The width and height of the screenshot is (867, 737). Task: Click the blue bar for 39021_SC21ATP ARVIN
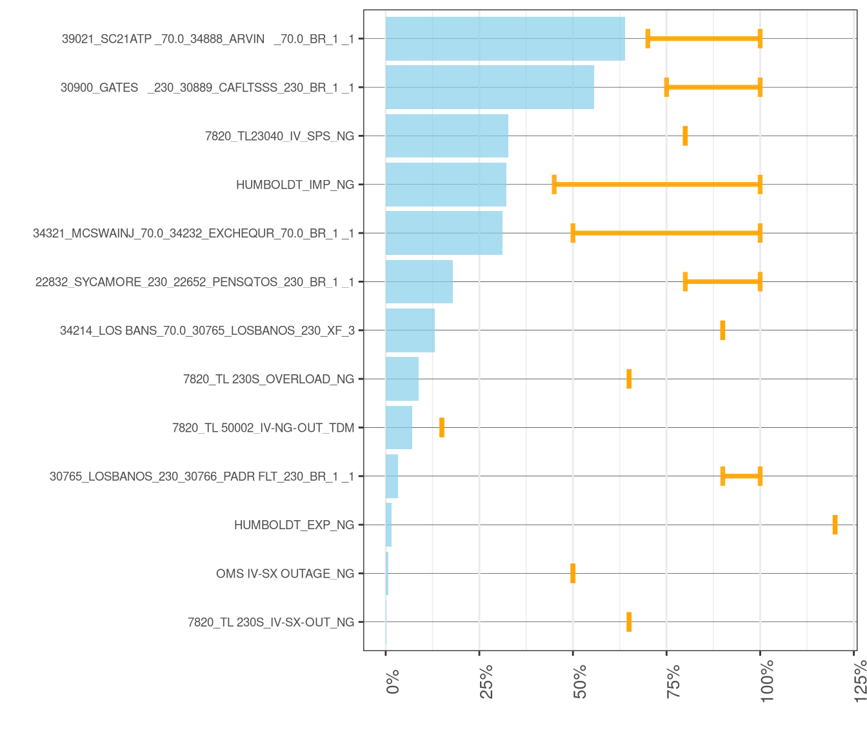pyautogui.click(x=505, y=39)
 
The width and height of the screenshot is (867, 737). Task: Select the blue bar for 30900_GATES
pyautogui.click(x=490, y=87)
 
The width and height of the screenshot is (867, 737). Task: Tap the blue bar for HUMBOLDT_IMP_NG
pyautogui.click(x=446, y=185)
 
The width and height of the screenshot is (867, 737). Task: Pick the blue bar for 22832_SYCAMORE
pyautogui.click(x=419, y=281)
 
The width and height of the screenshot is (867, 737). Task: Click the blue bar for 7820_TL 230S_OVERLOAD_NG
pyautogui.click(x=402, y=379)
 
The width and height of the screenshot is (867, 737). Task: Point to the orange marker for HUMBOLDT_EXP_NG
pyautogui.click(x=835, y=525)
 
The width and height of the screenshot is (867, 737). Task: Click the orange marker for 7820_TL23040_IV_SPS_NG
pyautogui.click(x=685, y=136)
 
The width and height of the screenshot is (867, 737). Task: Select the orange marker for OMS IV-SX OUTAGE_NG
pyautogui.click(x=573, y=573)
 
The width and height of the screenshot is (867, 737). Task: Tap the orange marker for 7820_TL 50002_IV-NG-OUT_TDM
pyautogui.click(x=442, y=427)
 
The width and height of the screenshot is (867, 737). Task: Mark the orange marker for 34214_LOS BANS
pyautogui.click(x=722, y=330)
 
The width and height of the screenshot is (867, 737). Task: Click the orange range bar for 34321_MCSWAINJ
pyautogui.click(x=666, y=233)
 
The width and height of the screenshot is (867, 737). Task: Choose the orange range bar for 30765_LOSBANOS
pyautogui.click(x=741, y=476)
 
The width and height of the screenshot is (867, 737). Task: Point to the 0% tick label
pyautogui.click(x=393, y=681)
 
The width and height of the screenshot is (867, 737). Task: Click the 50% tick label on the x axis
pyautogui.click(x=580, y=680)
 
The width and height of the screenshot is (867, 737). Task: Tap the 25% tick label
pyautogui.click(x=486, y=680)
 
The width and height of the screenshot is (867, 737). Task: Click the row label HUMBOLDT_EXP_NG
pyautogui.click(x=294, y=525)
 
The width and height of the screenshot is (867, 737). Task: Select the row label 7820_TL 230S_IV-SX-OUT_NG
pyautogui.click(x=271, y=622)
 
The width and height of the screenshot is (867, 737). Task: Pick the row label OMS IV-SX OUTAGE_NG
pyautogui.click(x=285, y=574)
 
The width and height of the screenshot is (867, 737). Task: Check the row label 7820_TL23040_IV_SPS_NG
pyautogui.click(x=279, y=136)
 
